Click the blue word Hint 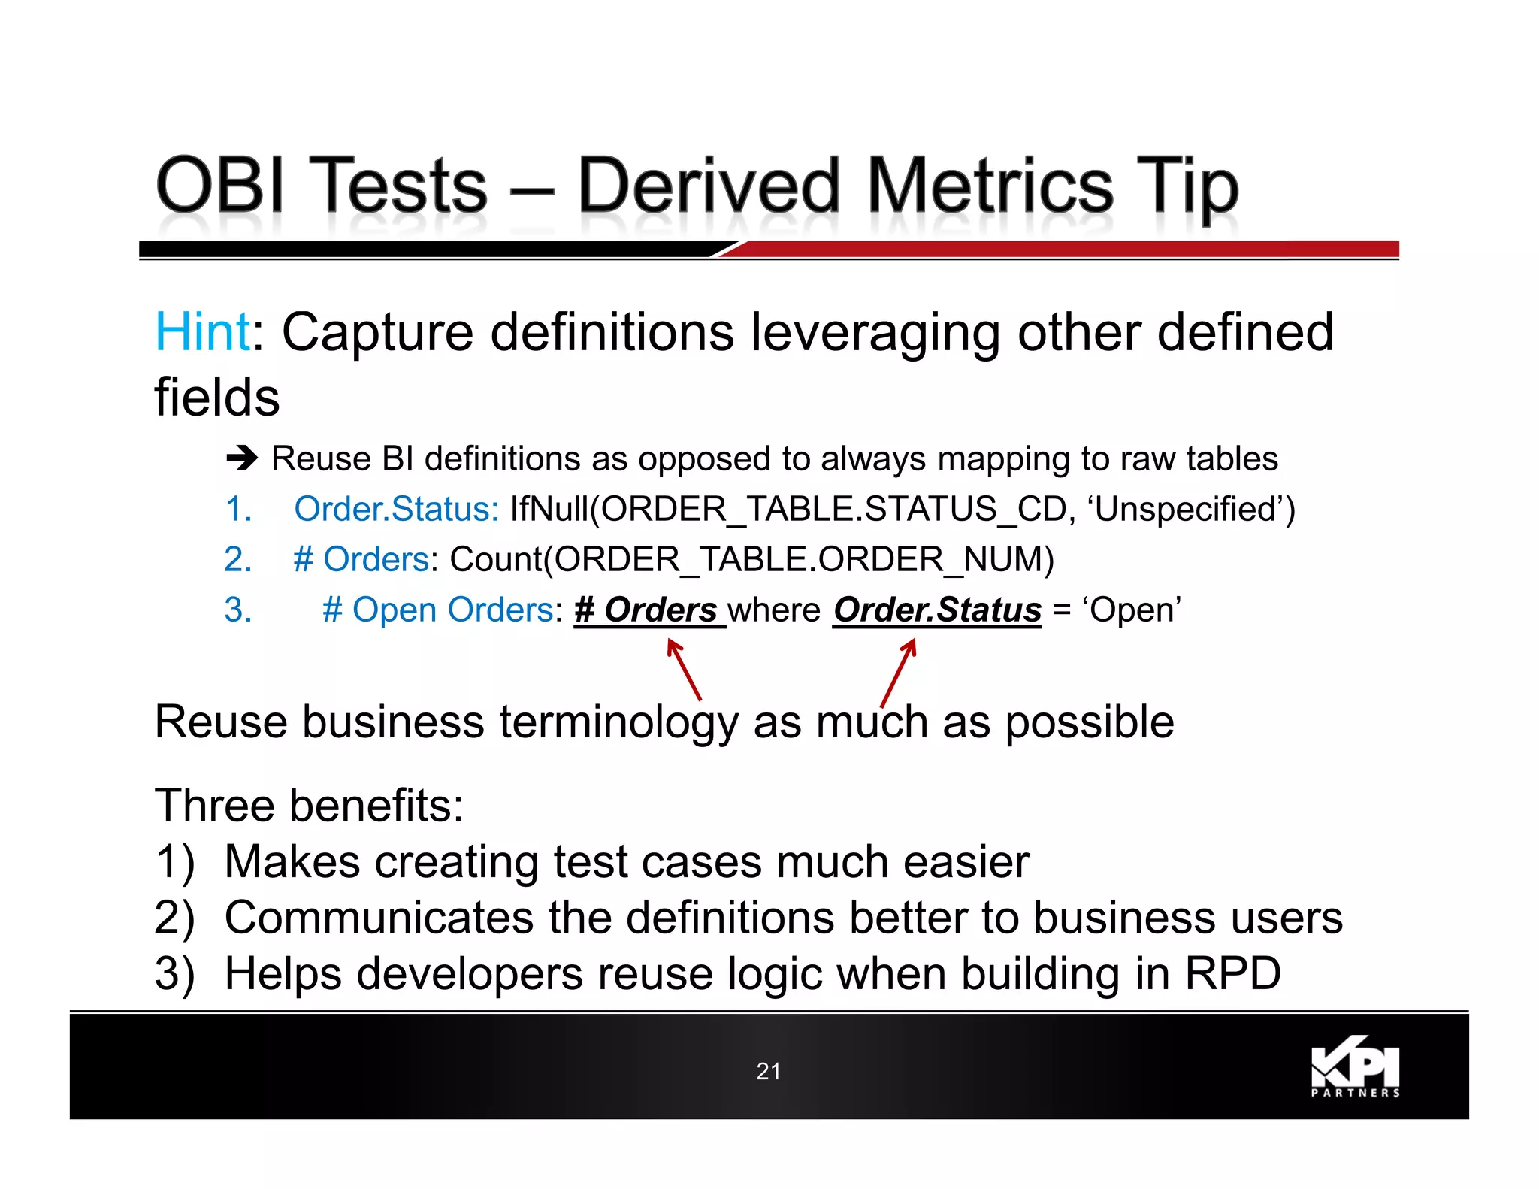pyautogui.click(x=201, y=331)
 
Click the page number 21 pyautogui.click(x=768, y=1071)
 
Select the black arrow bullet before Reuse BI pyautogui.click(x=242, y=457)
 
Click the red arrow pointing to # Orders pyautogui.click(x=684, y=669)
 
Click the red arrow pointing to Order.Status pyautogui.click(x=899, y=670)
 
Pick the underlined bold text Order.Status pyautogui.click(x=937, y=610)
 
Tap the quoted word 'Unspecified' pyautogui.click(x=1192, y=509)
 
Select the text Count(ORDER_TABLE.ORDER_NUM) pyautogui.click(x=751, y=559)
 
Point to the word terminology pyautogui.click(x=619, y=723)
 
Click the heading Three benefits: pyautogui.click(x=309, y=806)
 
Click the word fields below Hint pyautogui.click(x=217, y=398)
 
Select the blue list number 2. pyautogui.click(x=237, y=559)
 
